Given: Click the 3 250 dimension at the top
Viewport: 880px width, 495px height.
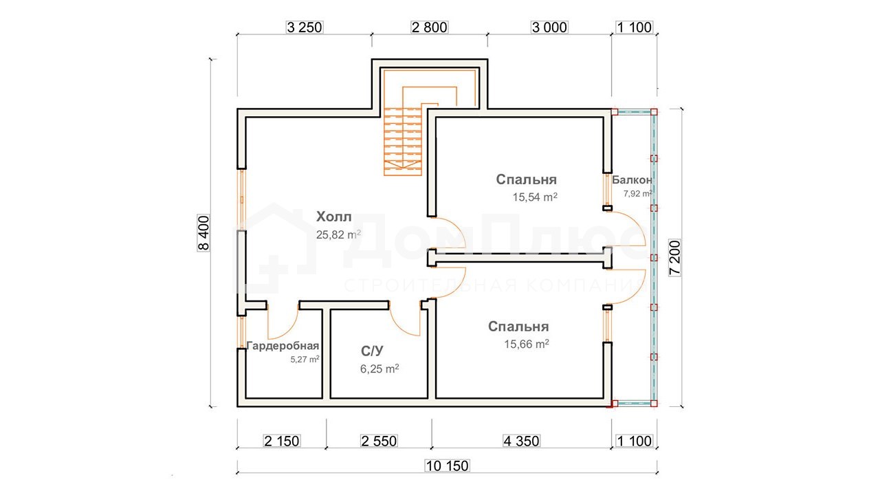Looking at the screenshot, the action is click(x=305, y=27).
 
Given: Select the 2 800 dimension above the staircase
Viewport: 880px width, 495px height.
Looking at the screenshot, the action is click(x=430, y=27).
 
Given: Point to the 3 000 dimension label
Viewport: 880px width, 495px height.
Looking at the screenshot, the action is click(x=549, y=27).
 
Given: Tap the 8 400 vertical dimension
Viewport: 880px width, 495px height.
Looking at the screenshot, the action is click(x=204, y=233).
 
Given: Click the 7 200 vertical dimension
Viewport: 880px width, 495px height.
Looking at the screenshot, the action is click(x=675, y=258).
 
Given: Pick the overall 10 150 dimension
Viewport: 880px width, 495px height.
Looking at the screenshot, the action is click(x=447, y=466).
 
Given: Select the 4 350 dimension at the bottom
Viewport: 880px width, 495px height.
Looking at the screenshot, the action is click(x=521, y=441).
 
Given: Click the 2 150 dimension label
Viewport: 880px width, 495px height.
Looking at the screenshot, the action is click(x=282, y=441).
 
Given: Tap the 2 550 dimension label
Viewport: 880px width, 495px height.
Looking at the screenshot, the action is click(x=379, y=441).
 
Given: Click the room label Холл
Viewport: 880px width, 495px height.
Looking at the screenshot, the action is click(x=334, y=217).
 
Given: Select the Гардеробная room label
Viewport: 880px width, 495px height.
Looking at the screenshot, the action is click(x=283, y=346).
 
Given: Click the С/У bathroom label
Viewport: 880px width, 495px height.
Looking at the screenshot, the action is click(x=372, y=351).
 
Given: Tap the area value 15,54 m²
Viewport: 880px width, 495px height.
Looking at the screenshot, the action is click(x=535, y=197).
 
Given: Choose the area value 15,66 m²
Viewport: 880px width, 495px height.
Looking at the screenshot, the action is click(x=527, y=344).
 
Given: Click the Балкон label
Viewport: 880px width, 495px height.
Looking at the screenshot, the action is click(x=632, y=180).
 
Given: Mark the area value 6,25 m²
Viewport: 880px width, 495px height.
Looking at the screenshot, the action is click(x=380, y=369).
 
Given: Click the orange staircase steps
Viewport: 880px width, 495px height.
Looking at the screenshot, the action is click(x=403, y=142).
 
